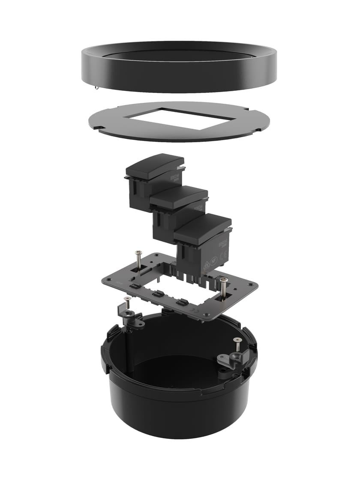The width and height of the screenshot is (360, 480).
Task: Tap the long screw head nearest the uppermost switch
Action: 138,253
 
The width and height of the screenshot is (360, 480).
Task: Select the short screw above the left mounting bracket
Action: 127,299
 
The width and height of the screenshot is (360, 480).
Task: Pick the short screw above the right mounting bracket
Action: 236,340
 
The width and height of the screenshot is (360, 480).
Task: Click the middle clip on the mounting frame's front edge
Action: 158,294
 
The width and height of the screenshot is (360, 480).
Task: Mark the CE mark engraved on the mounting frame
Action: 195,309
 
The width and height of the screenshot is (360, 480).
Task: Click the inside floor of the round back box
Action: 171,369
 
